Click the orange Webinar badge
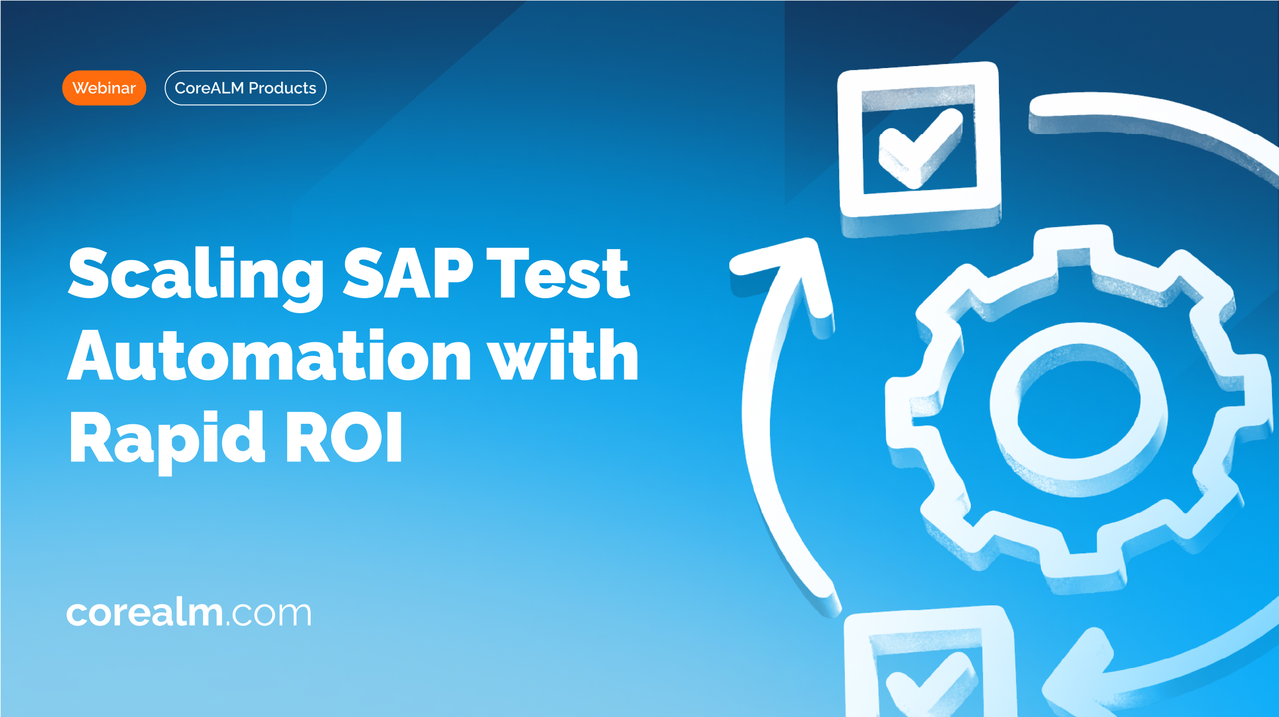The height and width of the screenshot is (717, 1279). [104, 88]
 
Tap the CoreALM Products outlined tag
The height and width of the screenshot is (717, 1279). [246, 88]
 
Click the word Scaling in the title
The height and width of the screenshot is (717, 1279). [196, 278]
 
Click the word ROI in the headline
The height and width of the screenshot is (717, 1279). [344, 437]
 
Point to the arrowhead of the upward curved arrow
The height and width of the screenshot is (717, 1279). [790, 280]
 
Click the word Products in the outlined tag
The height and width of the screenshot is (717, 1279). [283, 88]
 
